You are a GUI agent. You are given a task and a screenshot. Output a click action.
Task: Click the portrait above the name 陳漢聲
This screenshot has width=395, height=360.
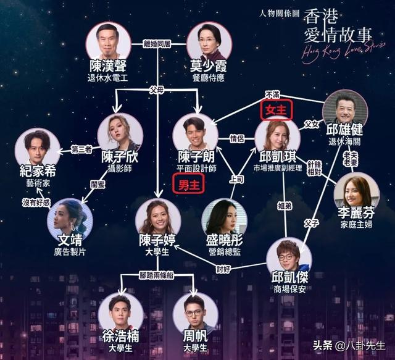click(109, 44)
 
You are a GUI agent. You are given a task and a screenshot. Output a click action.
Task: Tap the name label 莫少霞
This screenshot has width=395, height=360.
click(208, 66)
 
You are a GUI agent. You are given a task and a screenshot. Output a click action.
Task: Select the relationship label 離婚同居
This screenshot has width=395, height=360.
click(157, 44)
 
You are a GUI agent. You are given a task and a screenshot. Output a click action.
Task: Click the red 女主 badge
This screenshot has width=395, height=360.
click(276, 110)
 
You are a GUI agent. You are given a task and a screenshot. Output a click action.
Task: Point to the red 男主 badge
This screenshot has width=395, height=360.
click(189, 185)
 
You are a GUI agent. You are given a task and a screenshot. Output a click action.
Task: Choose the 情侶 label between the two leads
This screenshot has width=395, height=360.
click(236, 138)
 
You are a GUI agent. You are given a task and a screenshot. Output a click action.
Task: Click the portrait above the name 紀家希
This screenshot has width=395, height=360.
click(38, 149)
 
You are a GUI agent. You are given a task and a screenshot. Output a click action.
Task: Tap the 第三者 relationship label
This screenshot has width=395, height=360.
click(81, 149)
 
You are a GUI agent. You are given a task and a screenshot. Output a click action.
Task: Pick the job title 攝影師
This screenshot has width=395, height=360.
click(120, 169)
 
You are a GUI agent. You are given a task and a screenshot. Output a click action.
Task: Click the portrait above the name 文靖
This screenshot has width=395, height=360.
click(70, 220)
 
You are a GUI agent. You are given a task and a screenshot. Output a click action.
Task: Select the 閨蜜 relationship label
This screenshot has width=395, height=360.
click(98, 184)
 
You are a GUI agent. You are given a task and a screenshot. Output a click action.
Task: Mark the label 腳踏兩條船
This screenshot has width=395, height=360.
click(157, 275)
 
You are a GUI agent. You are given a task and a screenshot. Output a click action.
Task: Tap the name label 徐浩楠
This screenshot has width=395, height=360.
click(121, 337)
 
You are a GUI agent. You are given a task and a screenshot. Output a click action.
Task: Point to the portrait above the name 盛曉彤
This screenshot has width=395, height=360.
click(224, 220)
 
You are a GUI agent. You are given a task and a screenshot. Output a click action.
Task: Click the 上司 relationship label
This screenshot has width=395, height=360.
click(236, 180)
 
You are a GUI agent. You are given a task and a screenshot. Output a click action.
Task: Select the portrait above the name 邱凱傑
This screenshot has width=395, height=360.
click(289, 262)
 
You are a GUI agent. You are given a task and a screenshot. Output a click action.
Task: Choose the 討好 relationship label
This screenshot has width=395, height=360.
click(223, 269)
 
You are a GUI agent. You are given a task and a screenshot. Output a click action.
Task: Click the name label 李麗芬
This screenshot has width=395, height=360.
click(356, 213)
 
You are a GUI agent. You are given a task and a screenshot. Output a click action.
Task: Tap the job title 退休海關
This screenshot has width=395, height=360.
click(344, 141)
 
